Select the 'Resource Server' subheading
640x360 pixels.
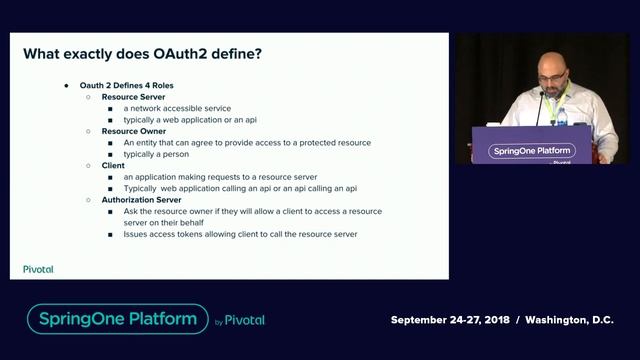(x=133, y=97)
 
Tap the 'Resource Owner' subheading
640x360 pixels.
(x=133, y=131)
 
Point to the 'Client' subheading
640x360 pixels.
(x=113, y=165)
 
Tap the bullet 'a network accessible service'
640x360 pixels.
(x=178, y=108)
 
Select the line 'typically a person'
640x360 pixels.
(x=158, y=153)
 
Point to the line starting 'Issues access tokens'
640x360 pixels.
(x=240, y=234)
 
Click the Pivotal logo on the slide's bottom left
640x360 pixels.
(x=38, y=269)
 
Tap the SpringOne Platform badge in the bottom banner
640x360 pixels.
(x=117, y=320)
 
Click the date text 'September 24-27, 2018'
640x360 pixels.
(x=450, y=320)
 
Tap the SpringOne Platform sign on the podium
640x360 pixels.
(x=531, y=151)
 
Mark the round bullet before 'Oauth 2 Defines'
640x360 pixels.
(x=67, y=86)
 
